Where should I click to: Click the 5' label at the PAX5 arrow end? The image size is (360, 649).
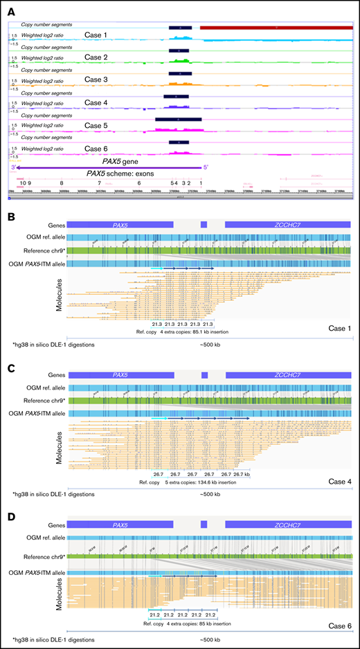(204, 167)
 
